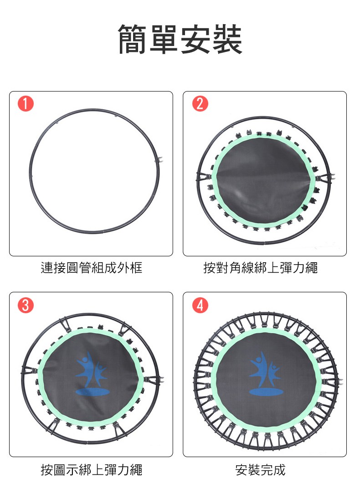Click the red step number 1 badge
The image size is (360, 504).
[x=26, y=103]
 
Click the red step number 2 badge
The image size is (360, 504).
[x=200, y=103]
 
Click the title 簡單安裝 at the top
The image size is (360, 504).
[x=180, y=39]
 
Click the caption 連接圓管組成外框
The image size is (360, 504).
[x=92, y=268]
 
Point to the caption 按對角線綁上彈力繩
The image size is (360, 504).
[x=261, y=268]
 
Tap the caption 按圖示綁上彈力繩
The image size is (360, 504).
[x=92, y=469]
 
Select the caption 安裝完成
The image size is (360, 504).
[x=260, y=469]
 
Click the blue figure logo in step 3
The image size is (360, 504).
[x=92, y=373]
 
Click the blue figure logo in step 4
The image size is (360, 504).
[x=266, y=373]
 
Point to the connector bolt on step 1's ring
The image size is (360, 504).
[x=160, y=160]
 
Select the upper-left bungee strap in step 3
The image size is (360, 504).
[x=66, y=325]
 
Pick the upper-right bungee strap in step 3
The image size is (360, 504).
[x=124, y=330]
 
